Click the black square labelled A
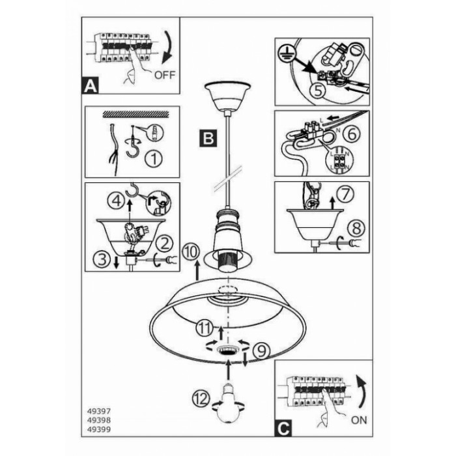tap(90, 85)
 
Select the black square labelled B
tap(208, 138)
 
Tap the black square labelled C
tap(283, 428)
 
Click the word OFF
tap(165, 75)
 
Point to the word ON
tap(359, 420)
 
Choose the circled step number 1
tap(154, 158)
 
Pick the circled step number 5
tap(318, 91)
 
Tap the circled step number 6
tap(351, 134)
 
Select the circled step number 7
tap(345, 194)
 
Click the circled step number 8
tap(356, 228)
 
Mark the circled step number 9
tap(261, 351)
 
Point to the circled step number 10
tap(191, 252)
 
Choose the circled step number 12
tap(201, 399)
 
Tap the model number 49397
tap(99, 411)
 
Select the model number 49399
tap(99, 429)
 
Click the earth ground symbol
tap(285, 53)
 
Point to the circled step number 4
tap(117, 201)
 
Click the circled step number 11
tap(205, 328)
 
